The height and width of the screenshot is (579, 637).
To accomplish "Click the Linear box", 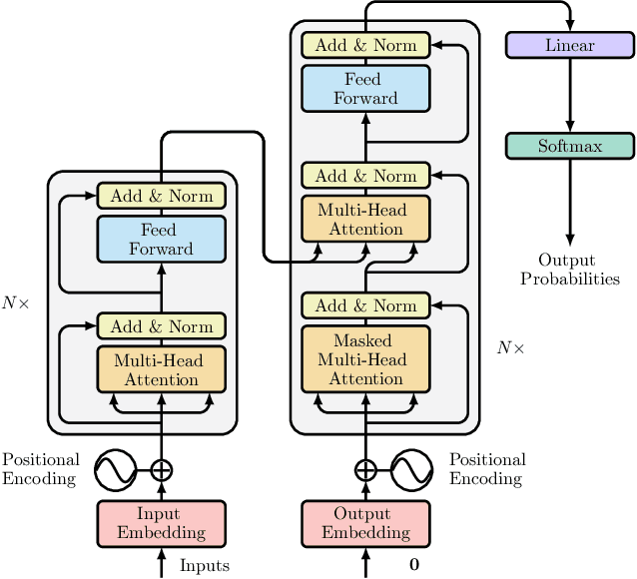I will point(570,45).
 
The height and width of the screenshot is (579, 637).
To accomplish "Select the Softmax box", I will point(570,146).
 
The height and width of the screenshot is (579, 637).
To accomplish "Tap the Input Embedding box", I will point(161,522).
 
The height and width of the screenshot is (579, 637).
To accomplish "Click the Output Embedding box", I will point(365,522).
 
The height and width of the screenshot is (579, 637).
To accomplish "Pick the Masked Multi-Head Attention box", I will point(365,359).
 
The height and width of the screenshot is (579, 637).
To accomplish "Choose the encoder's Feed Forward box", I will point(161,240).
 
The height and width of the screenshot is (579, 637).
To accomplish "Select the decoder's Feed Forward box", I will point(365,88).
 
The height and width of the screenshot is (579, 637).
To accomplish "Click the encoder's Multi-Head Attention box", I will point(161,369).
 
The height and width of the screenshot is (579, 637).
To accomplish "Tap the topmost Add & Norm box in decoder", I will point(365,45).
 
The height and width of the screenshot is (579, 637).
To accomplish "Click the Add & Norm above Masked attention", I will point(365,305).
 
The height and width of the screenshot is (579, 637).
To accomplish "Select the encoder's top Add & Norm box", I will point(161,196).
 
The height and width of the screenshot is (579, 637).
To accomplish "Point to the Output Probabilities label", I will point(570,270).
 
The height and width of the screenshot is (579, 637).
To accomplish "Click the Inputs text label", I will point(205,566).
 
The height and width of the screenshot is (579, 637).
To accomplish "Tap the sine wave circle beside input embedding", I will point(114,469).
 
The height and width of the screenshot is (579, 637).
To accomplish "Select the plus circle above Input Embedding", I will point(161,469).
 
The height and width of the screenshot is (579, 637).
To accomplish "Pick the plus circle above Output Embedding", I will point(365,469).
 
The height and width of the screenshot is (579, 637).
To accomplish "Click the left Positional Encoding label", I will point(40,469).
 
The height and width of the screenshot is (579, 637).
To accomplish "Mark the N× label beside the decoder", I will point(510,348).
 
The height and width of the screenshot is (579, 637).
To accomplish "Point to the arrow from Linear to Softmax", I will point(570,95).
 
